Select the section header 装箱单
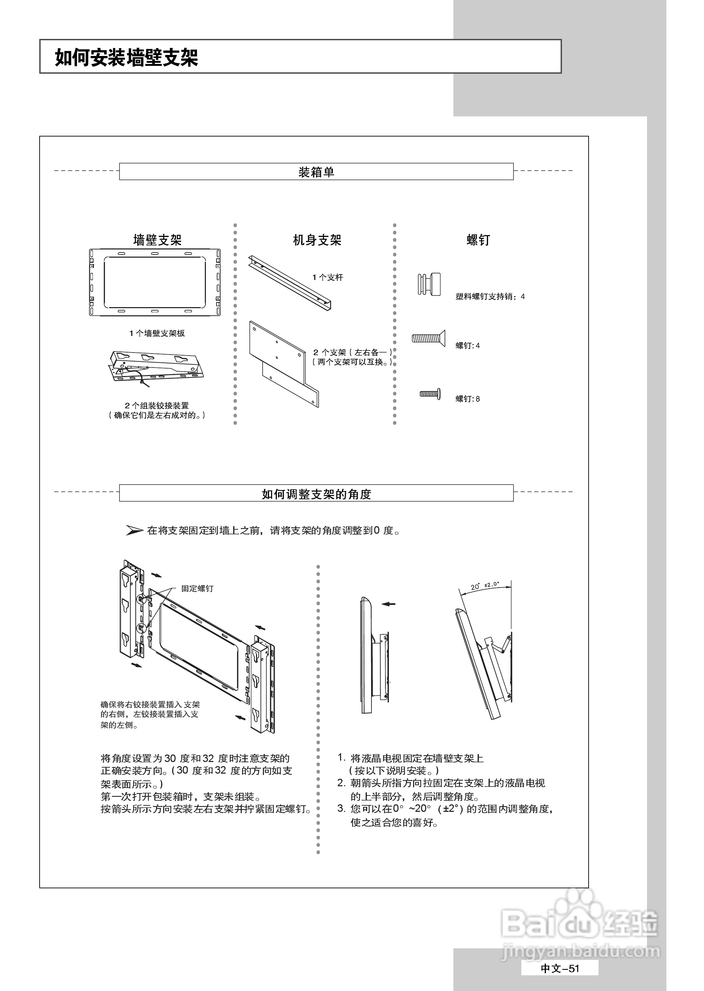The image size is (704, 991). (x=316, y=172)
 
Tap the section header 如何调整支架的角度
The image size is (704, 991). (x=316, y=494)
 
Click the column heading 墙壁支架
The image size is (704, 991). (x=157, y=240)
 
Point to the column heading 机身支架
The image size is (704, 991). (x=317, y=240)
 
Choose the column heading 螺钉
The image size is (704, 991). (x=478, y=240)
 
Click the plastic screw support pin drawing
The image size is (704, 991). (x=429, y=284)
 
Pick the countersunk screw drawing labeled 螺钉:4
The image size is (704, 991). (x=428, y=337)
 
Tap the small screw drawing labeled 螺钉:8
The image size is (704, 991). (x=430, y=394)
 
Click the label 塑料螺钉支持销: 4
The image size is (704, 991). (x=490, y=297)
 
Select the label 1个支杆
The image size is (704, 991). (x=327, y=277)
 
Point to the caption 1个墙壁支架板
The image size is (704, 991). (x=157, y=333)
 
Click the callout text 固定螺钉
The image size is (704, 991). (x=197, y=588)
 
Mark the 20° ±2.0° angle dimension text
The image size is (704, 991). (x=485, y=586)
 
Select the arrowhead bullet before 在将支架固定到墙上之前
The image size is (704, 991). (x=134, y=530)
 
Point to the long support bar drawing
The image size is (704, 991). (x=290, y=282)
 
